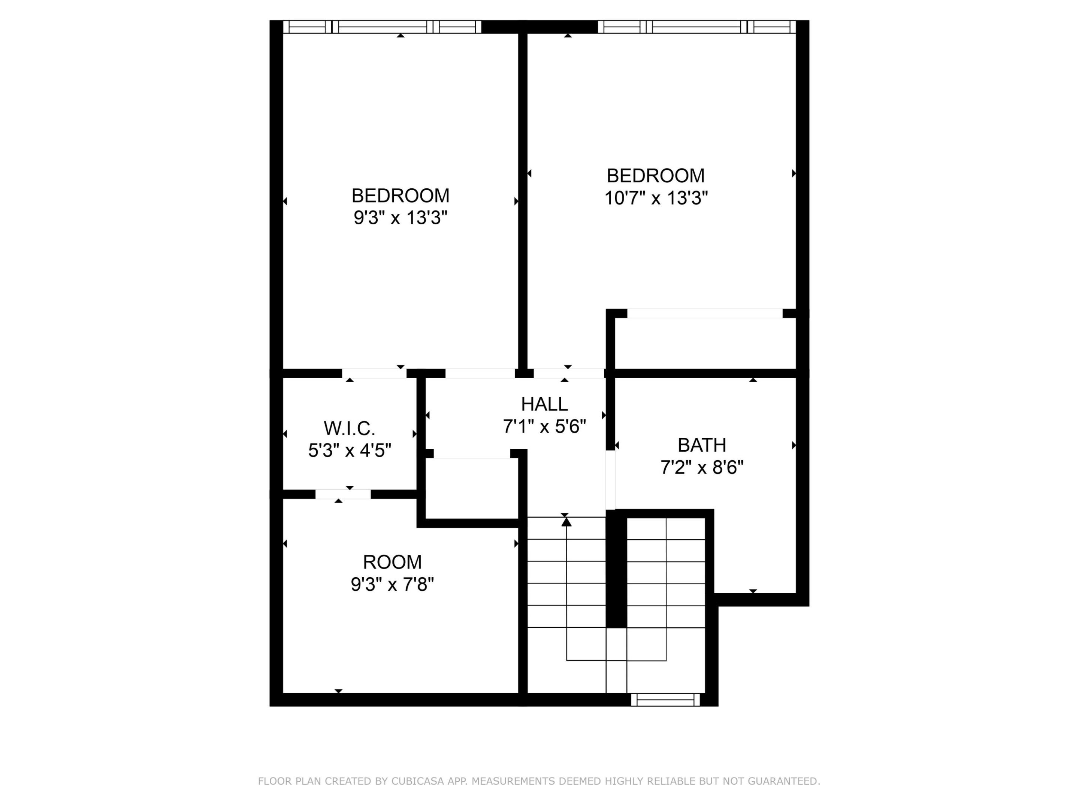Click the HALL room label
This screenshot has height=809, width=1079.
(x=544, y=404)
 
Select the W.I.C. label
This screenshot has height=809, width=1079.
(x=349, y=428)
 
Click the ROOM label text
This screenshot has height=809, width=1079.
(x=392, y=562)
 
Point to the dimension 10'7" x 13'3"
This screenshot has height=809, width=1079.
(x=656, y=199)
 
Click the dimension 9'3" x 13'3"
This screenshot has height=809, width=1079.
(x=400, y=218)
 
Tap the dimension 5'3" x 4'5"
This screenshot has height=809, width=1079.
(x=349, y=451)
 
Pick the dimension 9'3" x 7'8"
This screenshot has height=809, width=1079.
(x=392, y=584)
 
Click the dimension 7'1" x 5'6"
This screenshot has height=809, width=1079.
(x=544, y=427)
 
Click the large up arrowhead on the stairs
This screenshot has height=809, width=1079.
(x=566, y=522)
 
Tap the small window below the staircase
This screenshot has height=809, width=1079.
(x=665, y=700)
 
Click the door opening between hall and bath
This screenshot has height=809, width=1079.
(x=610, y=480)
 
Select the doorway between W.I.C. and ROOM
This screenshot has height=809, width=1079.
(x=343, y=494)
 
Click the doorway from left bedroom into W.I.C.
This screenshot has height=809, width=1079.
(x=374, y=373)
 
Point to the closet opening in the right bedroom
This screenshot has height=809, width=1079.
(x=704, y=313)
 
